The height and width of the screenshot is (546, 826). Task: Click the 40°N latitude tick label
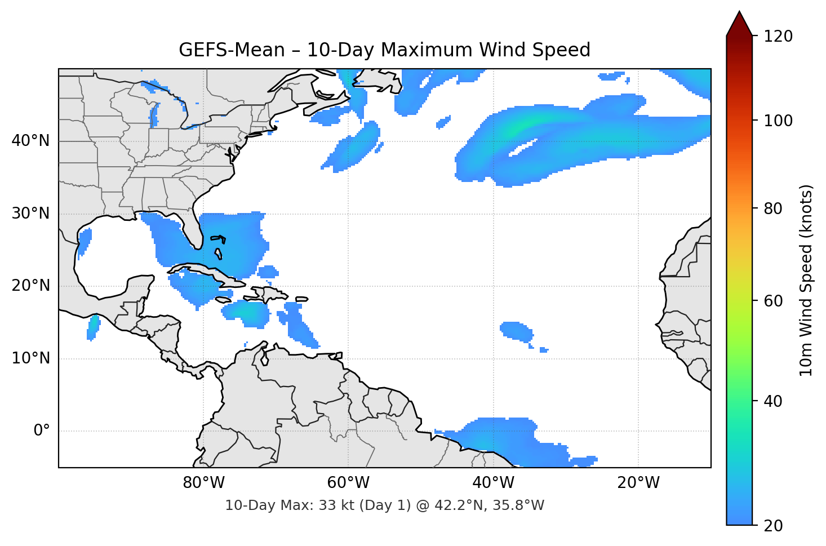[x=30, y=141]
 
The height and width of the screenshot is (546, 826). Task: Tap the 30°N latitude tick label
[x=30, y=214]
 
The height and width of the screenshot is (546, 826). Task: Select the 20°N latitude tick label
[x=30, y=286]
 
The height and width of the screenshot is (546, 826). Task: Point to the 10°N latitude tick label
[x=30, y=358]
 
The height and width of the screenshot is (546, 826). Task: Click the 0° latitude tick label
[x=42, y=431]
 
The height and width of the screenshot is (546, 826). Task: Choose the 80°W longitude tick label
[x=203, y=483]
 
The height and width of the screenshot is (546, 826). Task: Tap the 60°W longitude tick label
[x=348, y=483]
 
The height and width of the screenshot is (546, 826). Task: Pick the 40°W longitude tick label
[x=494, y=483]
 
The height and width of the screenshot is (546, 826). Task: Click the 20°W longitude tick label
[x=638, y=483]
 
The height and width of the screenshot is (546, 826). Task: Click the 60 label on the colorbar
[x=773, y=301]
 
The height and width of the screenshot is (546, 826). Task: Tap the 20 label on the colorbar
[x=773, y=526]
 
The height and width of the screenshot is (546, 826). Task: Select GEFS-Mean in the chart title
[x=232, y=50]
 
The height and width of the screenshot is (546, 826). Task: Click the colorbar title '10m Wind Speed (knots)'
[x=806, y=281]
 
